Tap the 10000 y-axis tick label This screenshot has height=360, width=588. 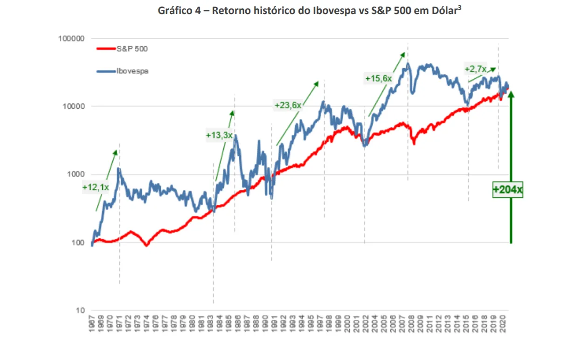[73, 106]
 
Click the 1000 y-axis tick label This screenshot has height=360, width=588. [75, 174]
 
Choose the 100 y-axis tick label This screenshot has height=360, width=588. [76, 242]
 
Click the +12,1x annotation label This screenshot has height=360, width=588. [96, 187]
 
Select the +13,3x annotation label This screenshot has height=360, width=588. [219, 135]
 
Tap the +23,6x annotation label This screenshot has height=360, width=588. [288, 105]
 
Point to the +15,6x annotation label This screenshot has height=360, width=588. [378, 79]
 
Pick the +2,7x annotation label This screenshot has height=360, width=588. [476, 69]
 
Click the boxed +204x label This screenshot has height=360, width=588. [508, 190]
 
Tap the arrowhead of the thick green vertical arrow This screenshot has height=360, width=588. [511, 94]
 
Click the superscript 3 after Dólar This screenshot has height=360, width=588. [460, 7]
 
